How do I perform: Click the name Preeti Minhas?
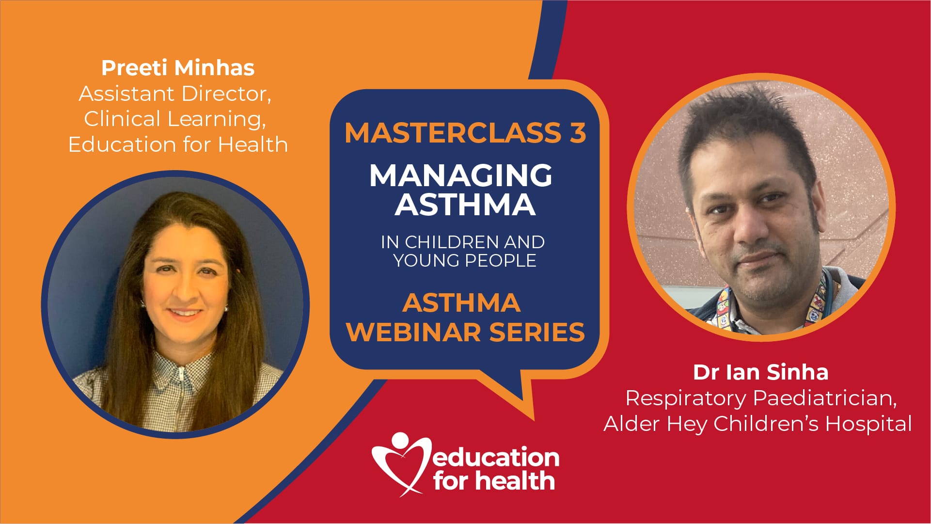(178, 68)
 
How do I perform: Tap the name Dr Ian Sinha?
(761, 372)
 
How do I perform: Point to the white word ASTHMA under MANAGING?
(465, 204)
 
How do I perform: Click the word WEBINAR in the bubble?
(414, 332)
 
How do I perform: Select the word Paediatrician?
(825, 398)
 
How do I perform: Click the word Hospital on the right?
(868, 424)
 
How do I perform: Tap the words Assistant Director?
(175, 94)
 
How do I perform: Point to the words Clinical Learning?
(175, 119)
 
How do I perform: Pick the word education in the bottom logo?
(496, 457)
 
